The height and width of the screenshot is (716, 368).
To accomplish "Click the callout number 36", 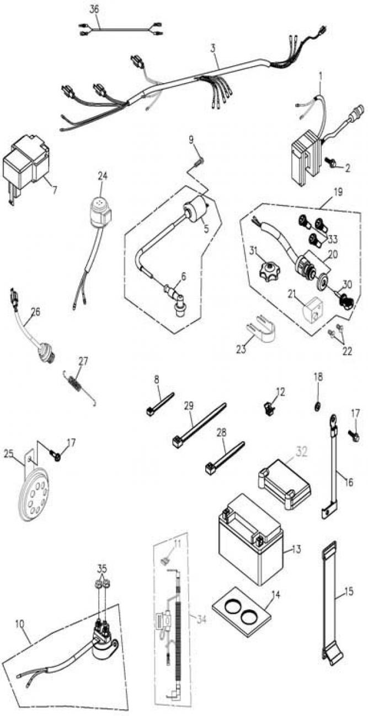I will pos(94,9).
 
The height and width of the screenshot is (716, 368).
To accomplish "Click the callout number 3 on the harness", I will pos(212,48).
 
